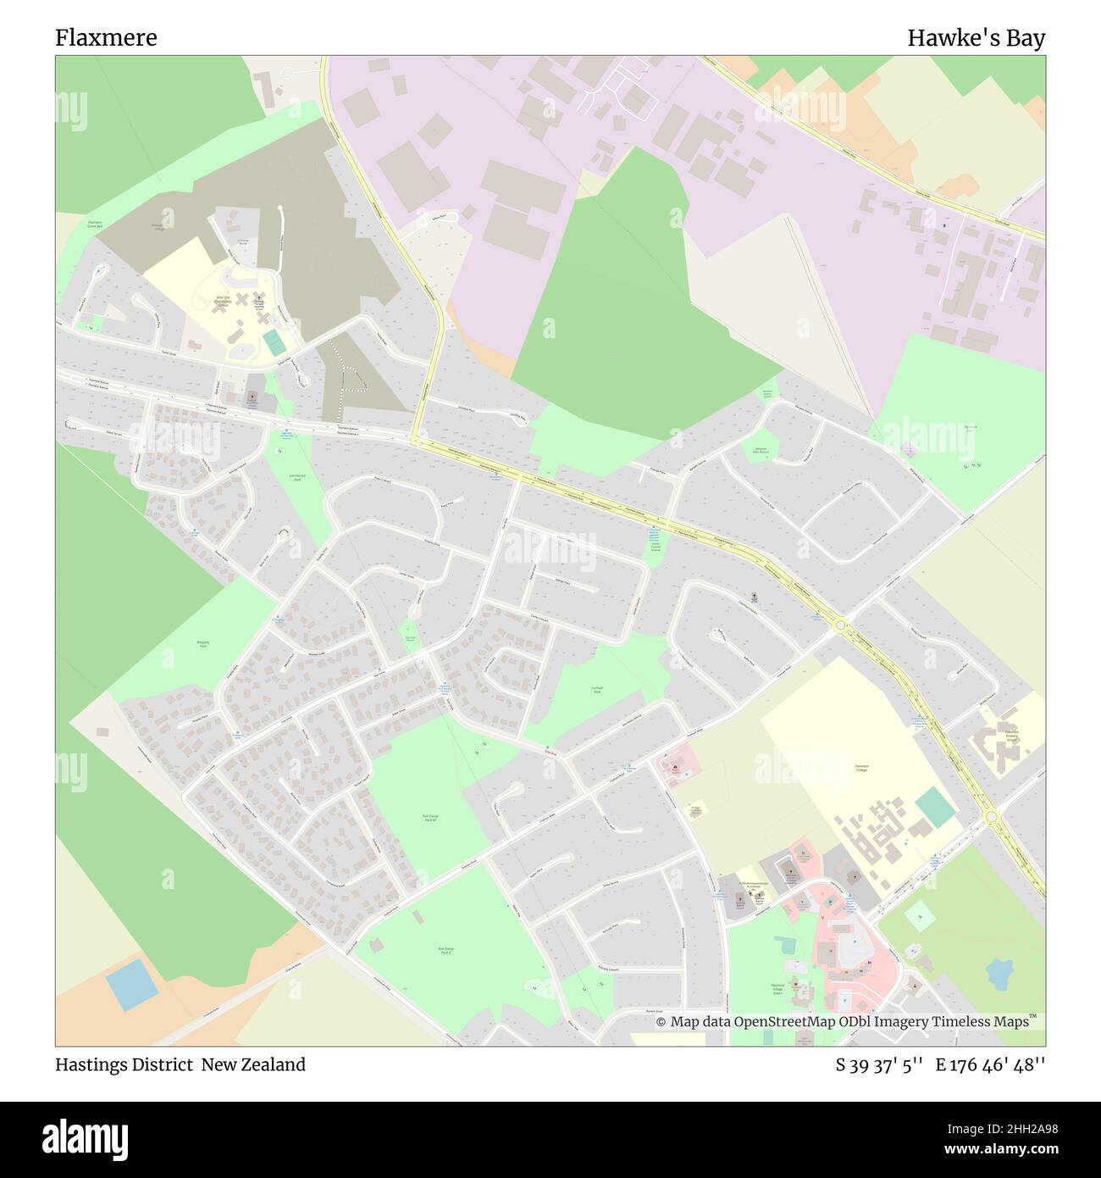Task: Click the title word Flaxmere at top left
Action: [x=106, y=38]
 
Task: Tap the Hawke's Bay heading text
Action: [x=976, y=38]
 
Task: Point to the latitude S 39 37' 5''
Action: [x=878, y=1064]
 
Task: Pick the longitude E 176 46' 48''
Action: [x=990, y=1064]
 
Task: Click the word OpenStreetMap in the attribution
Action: [x=784, y=1022]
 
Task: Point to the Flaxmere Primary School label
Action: [x=1010, y=734]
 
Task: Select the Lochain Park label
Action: [x=596, y=690]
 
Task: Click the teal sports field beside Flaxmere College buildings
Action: [x=936, y=807]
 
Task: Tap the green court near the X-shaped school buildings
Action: [x=274, y=342]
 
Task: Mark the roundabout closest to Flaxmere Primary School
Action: [x=992, y=816]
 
